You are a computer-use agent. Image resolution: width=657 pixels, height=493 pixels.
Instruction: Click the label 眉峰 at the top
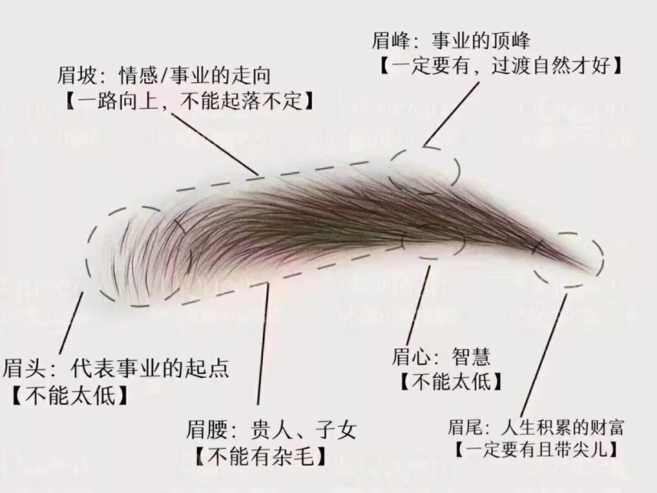(x=389, y=41)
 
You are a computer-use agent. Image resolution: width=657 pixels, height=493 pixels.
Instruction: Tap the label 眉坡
(x=75, y=76)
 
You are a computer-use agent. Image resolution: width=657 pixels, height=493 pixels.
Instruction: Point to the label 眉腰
(x=206, y=430)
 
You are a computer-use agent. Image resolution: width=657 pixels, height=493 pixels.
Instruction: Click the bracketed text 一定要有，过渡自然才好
(x=502, y=66)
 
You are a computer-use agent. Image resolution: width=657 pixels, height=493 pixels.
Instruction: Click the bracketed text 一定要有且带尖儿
(x=537, y=450)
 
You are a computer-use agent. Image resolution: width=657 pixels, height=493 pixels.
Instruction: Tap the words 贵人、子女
(x=303, y=430)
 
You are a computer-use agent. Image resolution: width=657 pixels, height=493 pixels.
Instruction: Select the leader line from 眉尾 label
(x=543, y=353)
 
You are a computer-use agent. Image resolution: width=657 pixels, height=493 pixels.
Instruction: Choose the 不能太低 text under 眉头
(x=70, y=396)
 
